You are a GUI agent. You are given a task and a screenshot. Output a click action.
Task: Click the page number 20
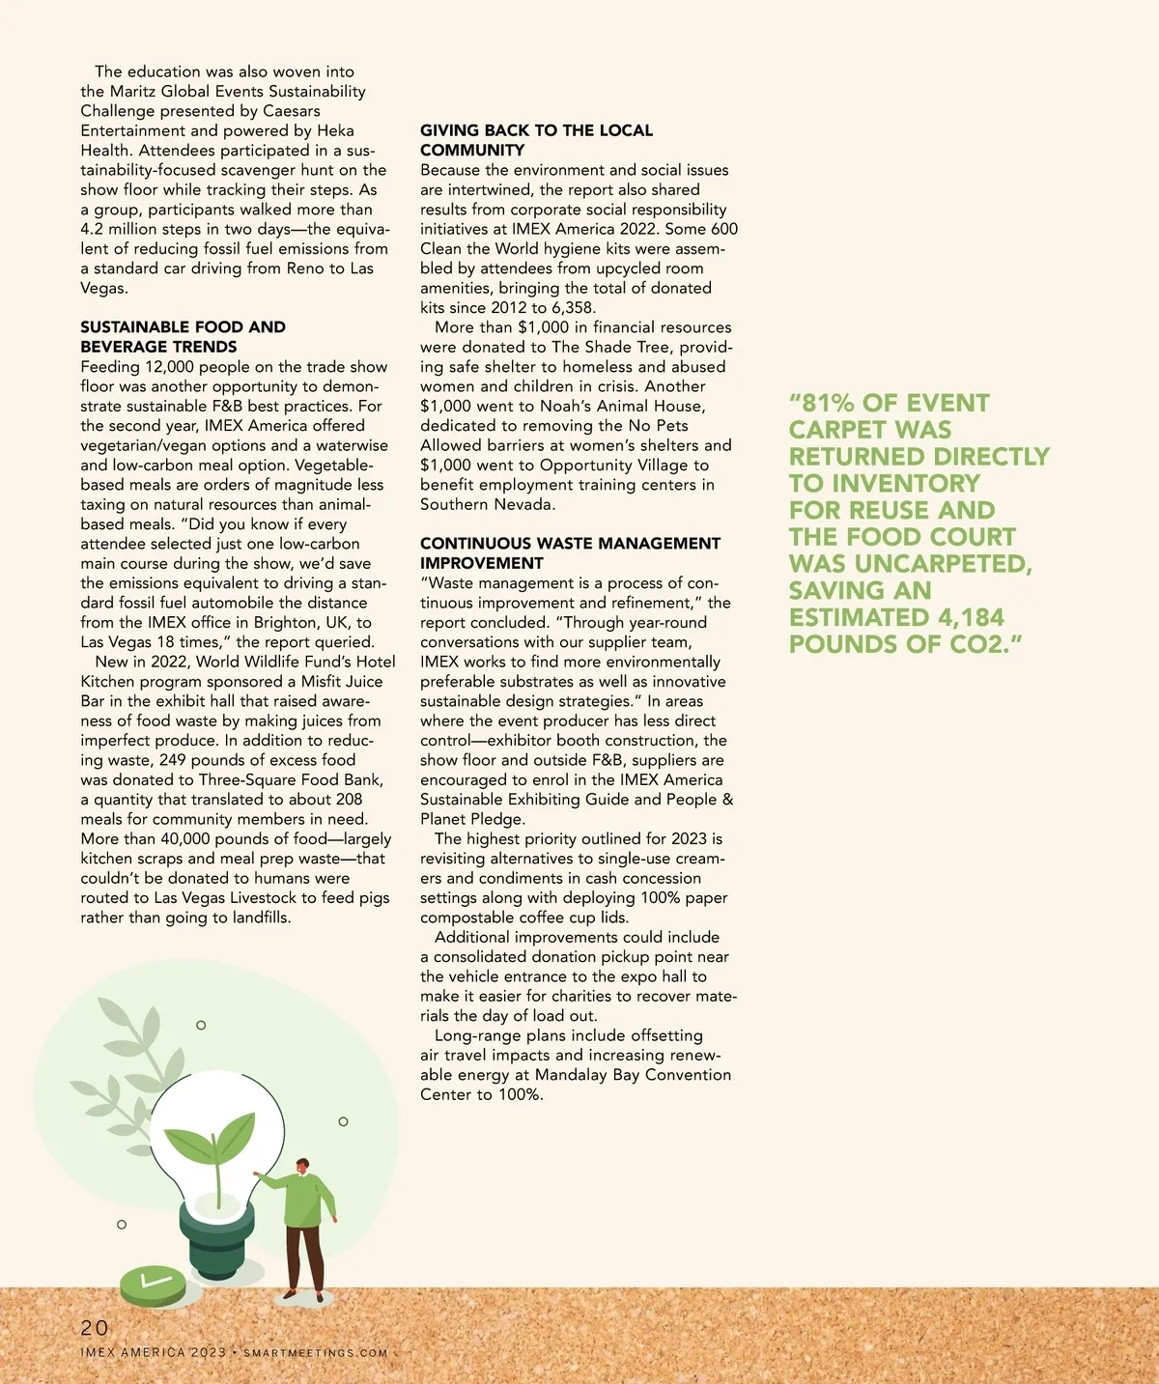pyautogui.click(x=95, y=1328)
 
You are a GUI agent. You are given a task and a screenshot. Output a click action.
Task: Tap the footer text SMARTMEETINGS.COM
pyautogui.click(x=315, y=1353)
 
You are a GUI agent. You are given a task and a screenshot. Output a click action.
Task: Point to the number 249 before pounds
pyautogui.click(x=174, y=760)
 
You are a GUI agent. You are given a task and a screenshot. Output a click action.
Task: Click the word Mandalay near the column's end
pyautogui.click(x=572, y=1075)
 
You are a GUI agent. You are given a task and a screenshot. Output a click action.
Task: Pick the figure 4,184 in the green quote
pyautogui.click(x=971, y=617)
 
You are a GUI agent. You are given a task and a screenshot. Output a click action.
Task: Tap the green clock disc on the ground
pyautogui.click(x=153, y=1285)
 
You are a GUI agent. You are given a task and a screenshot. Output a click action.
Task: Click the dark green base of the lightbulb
pyautogui.click(x=217, y=1245)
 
